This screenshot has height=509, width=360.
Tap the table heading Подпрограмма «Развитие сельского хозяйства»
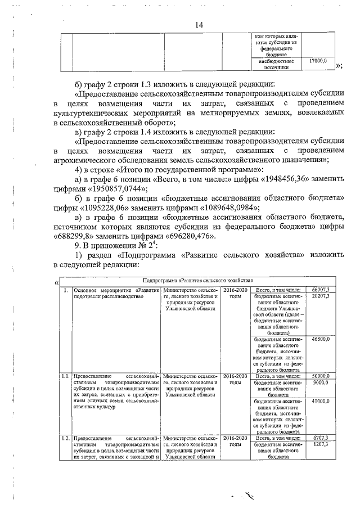[198, 280]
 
